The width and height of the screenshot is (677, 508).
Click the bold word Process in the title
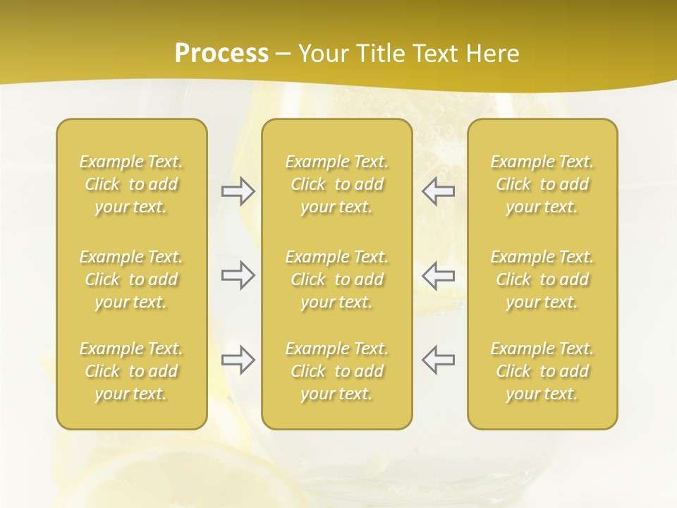[x=221, y=54]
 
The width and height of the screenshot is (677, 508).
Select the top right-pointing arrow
[x=238, y=191]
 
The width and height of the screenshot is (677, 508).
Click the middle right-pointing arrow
[x=238, y=275]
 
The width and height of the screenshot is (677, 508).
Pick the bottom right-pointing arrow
[x=238, y=360]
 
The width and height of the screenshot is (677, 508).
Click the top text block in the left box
[x=131, y=184]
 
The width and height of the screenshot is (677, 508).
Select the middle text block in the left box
[x=131, y=279]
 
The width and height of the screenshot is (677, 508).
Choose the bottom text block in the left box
[x=131, y=371]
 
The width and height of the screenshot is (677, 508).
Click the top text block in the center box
[x=337, y=184]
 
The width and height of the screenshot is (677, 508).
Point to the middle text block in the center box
[x=337, y=279]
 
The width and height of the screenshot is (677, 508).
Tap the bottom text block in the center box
[x=337, y=371]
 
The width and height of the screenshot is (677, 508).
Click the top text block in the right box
[x=542, y=184]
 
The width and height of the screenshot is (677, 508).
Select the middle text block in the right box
[x=542, y=279]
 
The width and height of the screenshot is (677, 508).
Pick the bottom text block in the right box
[x=542, y=371]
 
